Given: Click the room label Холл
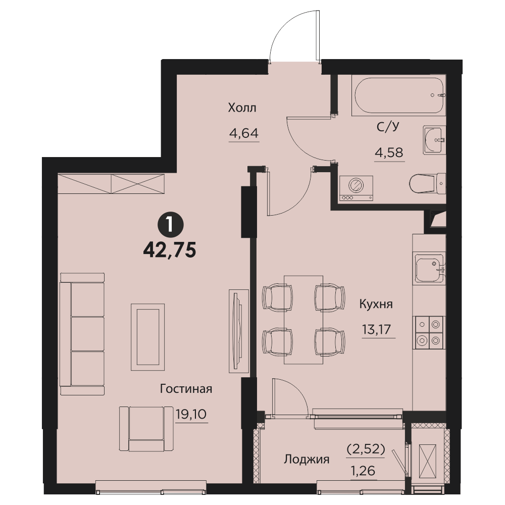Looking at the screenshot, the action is coord(242,108).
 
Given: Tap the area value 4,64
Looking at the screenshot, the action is coord(244,133).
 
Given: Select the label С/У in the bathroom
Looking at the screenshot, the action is coord(388,127).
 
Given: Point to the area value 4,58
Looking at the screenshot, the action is coord(389,152).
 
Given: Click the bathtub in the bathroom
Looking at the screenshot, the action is coord(399,95).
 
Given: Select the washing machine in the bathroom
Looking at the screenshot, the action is coord(356,188).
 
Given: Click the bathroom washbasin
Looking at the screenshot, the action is coord(434,140).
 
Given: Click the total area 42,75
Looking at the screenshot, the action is coord(170,249).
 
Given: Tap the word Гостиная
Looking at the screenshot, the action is coord(186,389).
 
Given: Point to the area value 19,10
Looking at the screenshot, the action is coord(191,414).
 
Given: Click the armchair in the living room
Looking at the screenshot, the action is coord(146,429).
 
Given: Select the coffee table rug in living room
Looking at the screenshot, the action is coord(148,337).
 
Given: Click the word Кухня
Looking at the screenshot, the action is coord(376,304).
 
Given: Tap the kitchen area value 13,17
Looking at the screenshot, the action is coord(377,329).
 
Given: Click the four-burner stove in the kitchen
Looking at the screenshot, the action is coord(428,332).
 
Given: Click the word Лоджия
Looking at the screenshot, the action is coord(307,459).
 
